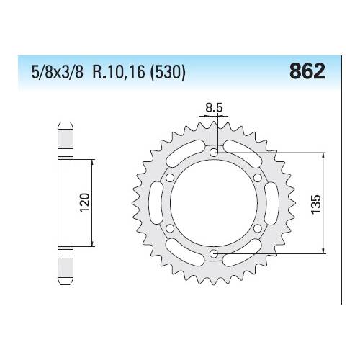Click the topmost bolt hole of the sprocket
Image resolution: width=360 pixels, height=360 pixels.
coord(214,152)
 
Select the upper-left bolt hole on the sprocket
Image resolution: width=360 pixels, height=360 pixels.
coord(171,177)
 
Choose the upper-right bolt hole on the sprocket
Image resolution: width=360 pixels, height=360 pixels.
coord(257,177)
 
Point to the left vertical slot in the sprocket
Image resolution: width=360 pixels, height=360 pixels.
coord(159,202)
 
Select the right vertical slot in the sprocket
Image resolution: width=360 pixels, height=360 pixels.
coord(269,202)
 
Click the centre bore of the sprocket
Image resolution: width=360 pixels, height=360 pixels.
coord(214,202)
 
